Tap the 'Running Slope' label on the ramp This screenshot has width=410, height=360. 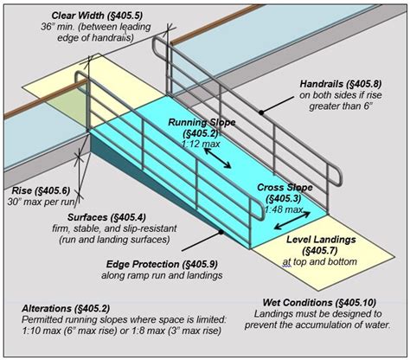pyautogui.click(x=195, y=123)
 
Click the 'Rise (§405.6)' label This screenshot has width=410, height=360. pyautogui.click(x=40, y=190)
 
